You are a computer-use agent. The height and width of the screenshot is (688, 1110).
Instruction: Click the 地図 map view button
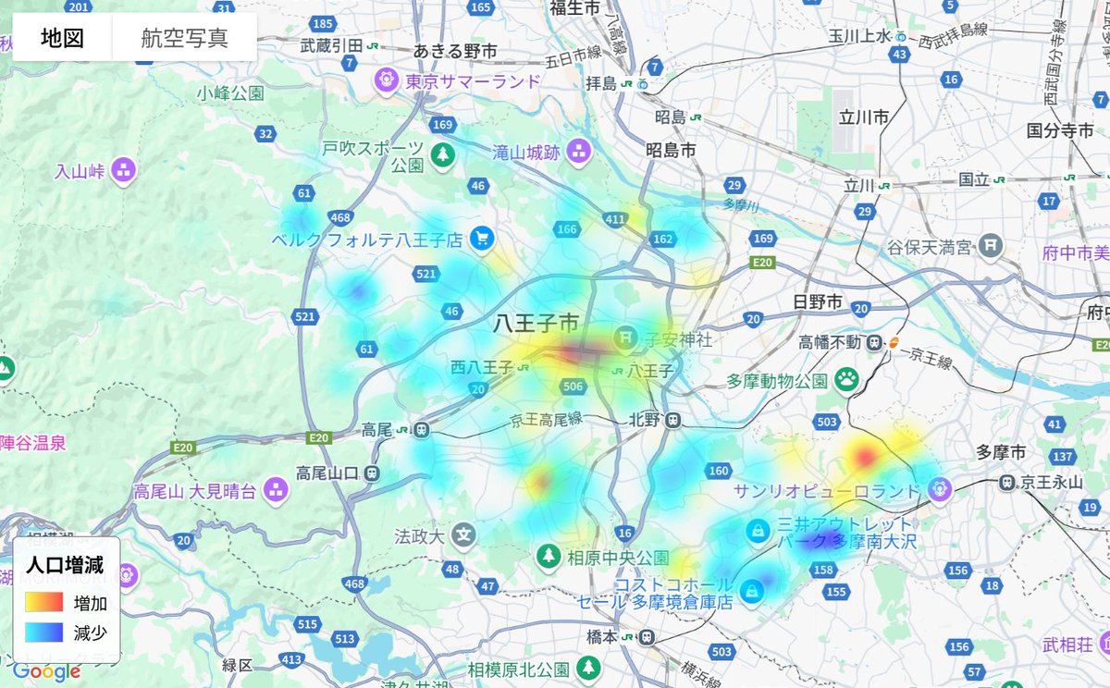pyautogui.click(x=62, y=38)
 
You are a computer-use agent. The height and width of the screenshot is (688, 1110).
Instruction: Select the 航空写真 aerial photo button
pyautogui.click(x=184, y=38)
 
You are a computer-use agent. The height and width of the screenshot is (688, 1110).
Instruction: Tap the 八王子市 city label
pyautogui.click(x=536, y=324)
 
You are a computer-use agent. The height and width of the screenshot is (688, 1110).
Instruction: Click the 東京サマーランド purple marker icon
pyautogui.click(x=386, y=81)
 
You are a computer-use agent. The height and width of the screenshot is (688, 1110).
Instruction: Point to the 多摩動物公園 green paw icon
pyautogui.click(x=846, y=378)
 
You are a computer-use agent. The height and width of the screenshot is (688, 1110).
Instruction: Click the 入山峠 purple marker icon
pyautogui.click(x=123, y=170)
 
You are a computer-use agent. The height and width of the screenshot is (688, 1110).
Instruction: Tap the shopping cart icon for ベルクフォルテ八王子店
pyautogui.click(x=481, y=240)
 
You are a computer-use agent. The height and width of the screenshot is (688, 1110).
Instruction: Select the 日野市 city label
pyautogui.click(x=818, y=301)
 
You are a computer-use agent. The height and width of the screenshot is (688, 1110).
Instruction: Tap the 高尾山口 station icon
pyautogui.click(x=372, y=473)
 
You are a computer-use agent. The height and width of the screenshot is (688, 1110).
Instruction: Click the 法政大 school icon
pyautogui.click(x=464, y=534)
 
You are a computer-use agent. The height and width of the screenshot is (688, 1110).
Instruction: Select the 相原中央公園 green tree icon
pyautogui.click(x=549, y=557)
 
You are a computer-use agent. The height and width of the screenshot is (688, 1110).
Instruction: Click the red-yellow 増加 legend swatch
pyautogui.click(x=43, y=602)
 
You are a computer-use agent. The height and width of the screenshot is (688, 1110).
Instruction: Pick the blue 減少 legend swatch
pyautogui.click(x=43, y=633)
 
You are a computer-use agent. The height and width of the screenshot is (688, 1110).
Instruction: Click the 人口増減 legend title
pyautogui.click(x=65, y=565)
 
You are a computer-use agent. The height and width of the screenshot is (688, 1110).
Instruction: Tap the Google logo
pyautogui.click(x=46, y=672)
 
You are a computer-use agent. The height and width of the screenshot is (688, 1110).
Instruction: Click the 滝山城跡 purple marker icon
pyautogui.click(x=580, y=151)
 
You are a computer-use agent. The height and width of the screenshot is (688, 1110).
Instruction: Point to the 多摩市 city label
pyautogui.click(x=1001, y=452)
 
